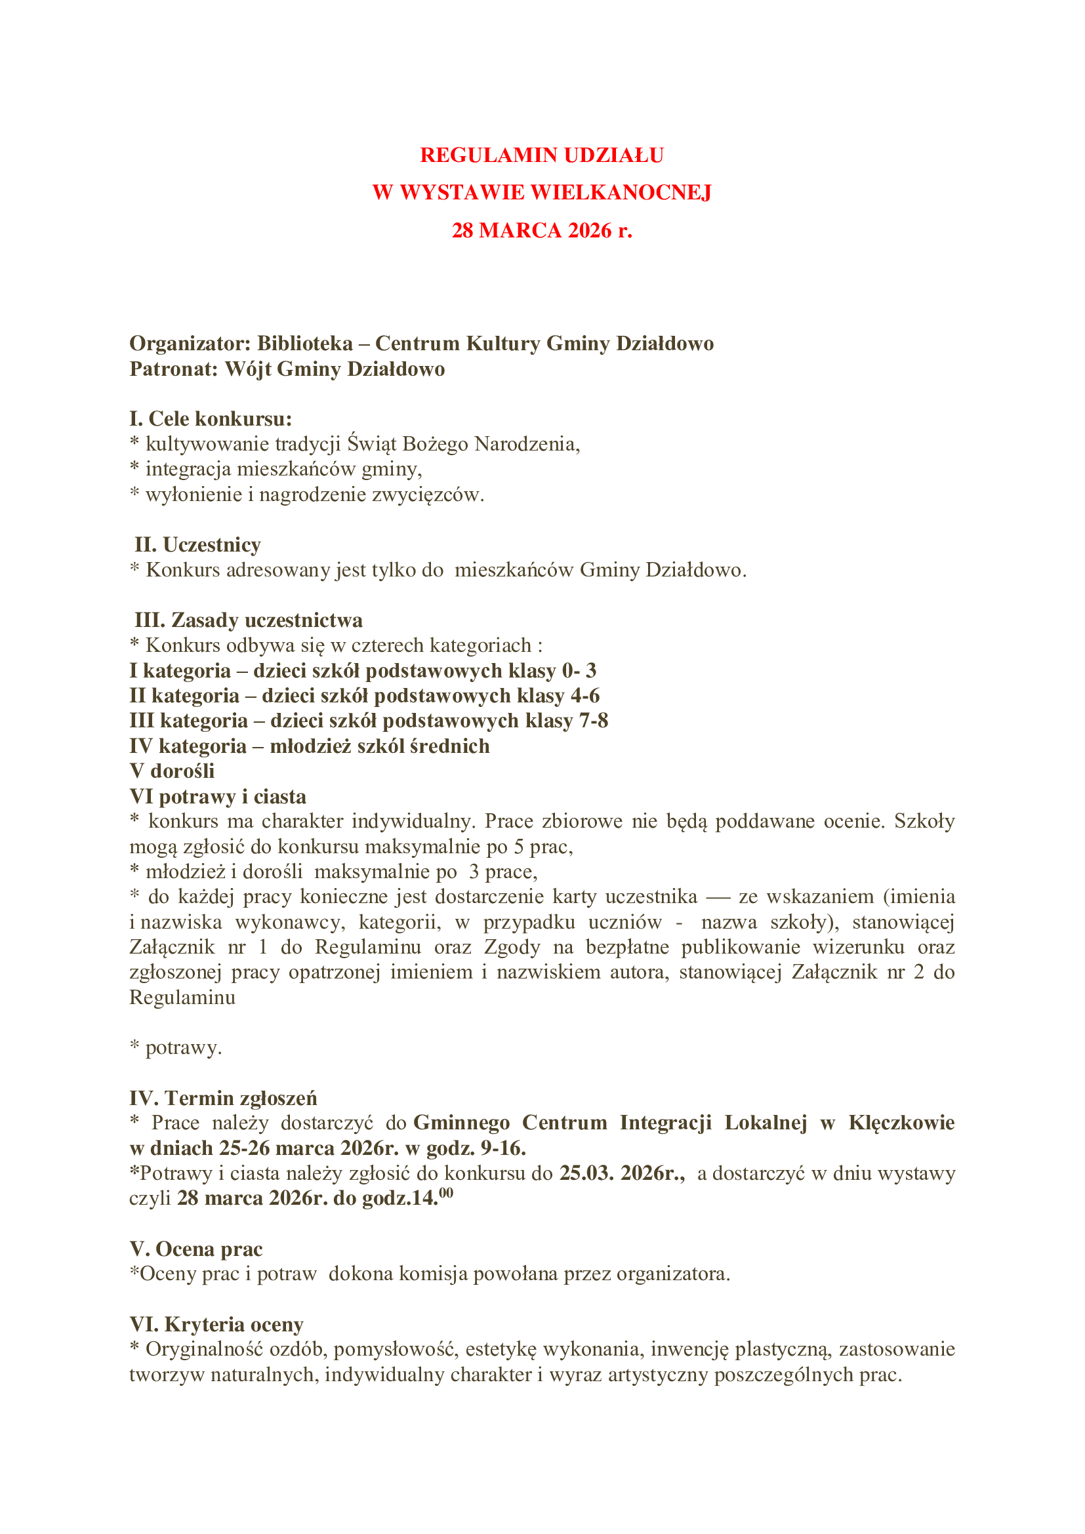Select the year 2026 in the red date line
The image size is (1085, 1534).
(589, 230)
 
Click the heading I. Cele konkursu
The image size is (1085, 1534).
(211, 419)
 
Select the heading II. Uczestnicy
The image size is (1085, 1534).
(197, 544)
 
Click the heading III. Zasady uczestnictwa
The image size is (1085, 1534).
(249, 620)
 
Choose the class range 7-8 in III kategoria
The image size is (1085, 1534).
(593, 721)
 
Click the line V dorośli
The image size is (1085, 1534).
(172, 771)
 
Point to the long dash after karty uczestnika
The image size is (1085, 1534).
(718, 897)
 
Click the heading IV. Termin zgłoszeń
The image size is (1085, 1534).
(223, 1099)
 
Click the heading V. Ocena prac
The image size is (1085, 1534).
(195, 1249)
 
